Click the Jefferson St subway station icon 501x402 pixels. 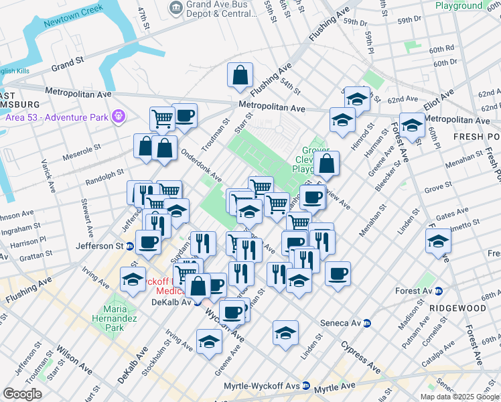129,246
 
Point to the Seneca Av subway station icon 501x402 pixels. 366,323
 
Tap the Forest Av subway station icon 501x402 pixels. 438,291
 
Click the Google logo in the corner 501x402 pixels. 22,393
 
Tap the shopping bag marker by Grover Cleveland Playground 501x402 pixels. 326,163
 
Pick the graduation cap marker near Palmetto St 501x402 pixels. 438,242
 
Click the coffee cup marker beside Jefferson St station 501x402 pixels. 148,242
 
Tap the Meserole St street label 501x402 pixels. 82,146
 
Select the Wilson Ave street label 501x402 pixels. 74,360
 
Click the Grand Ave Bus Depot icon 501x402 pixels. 175,8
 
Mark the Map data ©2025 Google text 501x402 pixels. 459,397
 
